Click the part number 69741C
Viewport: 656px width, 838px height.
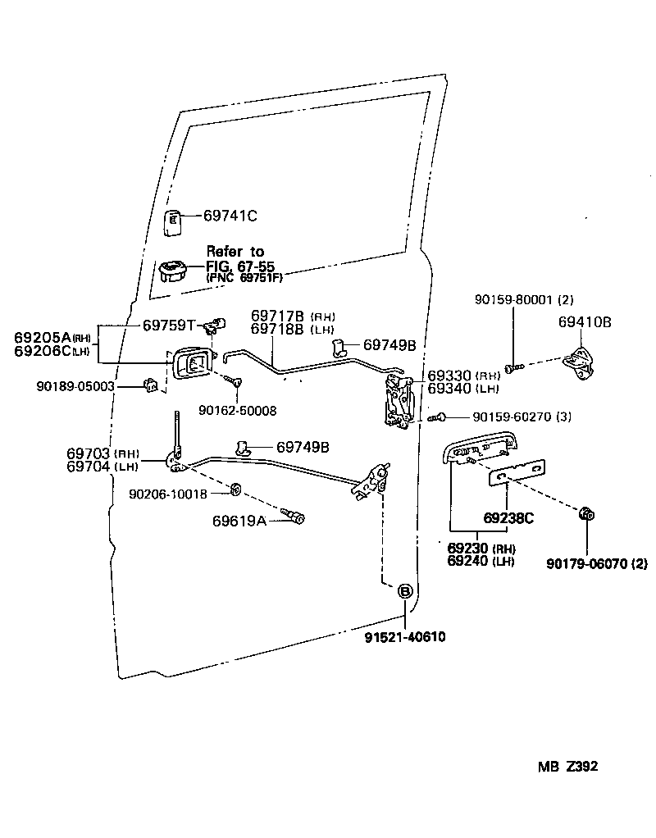click(230, 216)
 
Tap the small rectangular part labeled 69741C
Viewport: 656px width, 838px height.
click(174, 221)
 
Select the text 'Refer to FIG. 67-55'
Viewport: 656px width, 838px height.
click(239, 259)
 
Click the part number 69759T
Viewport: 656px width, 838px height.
click(169, 325)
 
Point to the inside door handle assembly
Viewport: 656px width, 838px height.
click(194, 362)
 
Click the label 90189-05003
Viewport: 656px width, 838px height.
click(75, 385)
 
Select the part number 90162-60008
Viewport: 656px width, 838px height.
click(238, 409)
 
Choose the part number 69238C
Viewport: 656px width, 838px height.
click(508, 518)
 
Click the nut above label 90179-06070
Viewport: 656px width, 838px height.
click(587, 514)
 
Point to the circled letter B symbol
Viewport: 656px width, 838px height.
click(405, 592)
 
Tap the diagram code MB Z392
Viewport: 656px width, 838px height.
click(567, 767)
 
